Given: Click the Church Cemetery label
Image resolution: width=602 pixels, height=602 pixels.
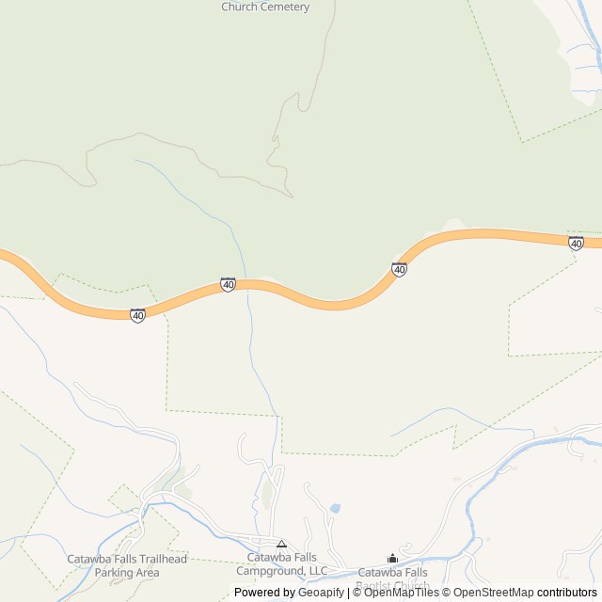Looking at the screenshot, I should click(x=264, y=7).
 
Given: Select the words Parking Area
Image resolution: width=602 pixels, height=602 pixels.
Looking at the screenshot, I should click(x=127, y=572).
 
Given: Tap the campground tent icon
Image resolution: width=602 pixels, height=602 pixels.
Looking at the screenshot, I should click(x=281, y=544).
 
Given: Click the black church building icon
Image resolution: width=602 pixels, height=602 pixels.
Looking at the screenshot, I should click(x=392, y=559).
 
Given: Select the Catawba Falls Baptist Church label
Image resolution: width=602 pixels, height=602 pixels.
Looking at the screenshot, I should click(x=392, y=577).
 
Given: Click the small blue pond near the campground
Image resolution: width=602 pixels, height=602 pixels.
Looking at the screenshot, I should click(x=335, y=509).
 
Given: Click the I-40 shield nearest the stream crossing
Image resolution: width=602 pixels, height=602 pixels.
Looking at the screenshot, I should click(x=228, y=283).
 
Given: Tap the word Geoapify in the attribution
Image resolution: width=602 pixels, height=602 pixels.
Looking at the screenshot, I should click(x=321, y=593).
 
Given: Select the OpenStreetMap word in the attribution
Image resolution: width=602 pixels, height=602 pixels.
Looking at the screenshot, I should click(x=494, y=593).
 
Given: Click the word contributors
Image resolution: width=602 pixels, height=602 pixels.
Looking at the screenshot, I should click(x=567, y=593).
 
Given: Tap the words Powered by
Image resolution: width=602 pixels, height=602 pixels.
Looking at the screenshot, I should click(x=264, y=593).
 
